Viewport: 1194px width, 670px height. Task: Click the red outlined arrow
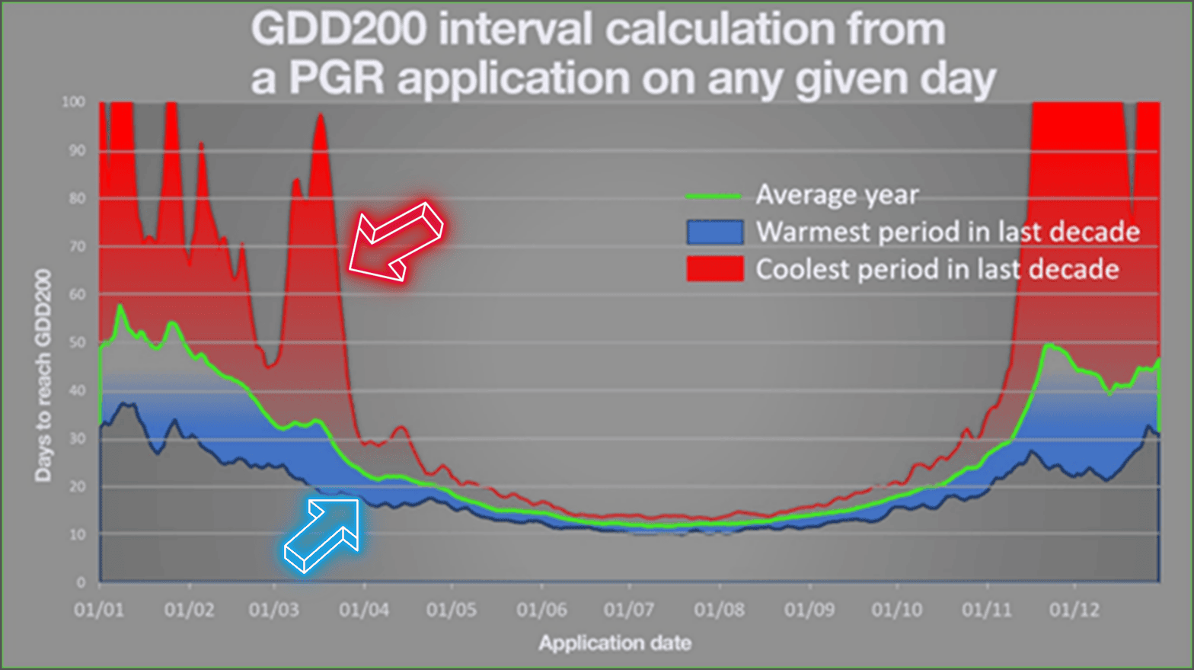pos(396,242)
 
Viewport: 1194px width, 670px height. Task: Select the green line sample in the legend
pos(714,196)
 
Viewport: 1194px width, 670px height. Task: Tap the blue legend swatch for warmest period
pos(714,232)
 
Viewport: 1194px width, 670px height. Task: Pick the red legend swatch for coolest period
pos(714,269)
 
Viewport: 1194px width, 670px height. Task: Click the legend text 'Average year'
pos(837,195)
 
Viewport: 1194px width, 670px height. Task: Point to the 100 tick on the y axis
pos(74,102)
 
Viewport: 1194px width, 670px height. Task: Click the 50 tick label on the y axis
pos(77,343)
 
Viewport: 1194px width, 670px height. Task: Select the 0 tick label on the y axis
pos(81,582)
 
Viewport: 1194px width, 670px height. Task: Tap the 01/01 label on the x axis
pos(99,610)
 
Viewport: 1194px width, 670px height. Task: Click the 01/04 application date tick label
pos(364,610)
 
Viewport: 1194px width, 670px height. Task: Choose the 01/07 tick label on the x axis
pos(629,610)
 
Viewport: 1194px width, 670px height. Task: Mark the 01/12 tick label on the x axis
pos(1074,610)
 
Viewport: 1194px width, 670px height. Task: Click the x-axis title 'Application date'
pos(615,643)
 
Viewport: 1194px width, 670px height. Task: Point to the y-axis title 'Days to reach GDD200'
pos(43,375)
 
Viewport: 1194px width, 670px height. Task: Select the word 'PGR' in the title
pos(335,79)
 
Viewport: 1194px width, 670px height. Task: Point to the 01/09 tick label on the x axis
pos(809,610)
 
